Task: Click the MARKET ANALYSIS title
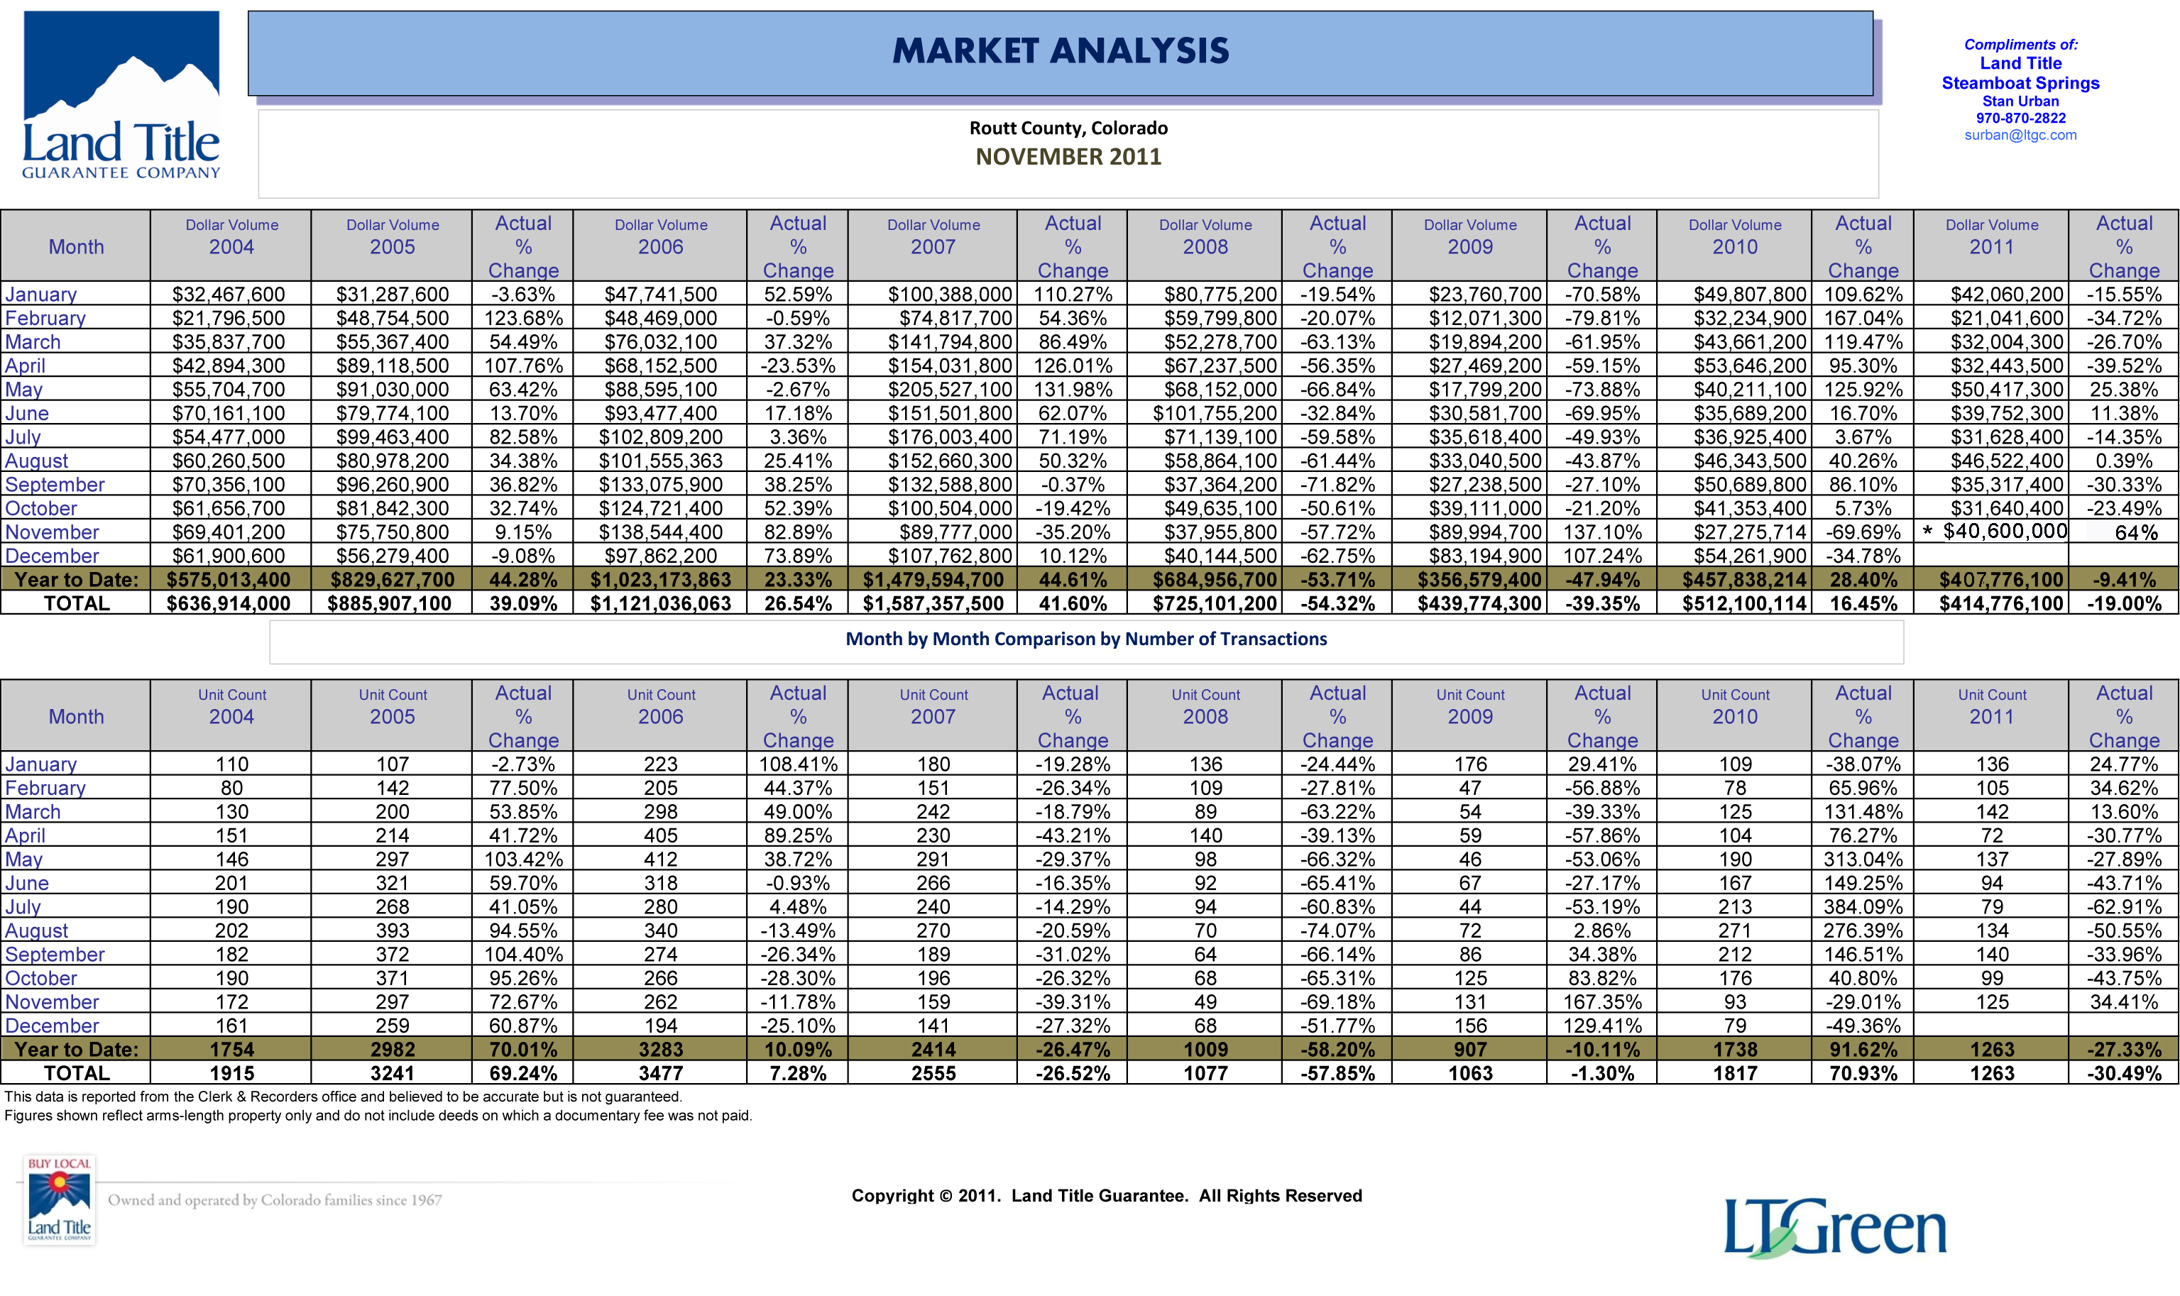pos(1061,50)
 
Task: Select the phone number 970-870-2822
pos(2020,118)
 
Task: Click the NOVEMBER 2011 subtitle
pos(1068,156)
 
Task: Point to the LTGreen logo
pos(1834,1227)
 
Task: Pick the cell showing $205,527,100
pos(949,390)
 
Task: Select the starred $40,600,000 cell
pos(1995,531)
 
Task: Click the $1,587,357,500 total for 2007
pos(933,603)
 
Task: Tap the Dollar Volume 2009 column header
pos(1470,236)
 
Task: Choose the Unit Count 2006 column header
pos(660,706)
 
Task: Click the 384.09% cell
pos(1863,906)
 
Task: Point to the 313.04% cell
pos(1863,860)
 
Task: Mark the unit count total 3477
pos(660,1073)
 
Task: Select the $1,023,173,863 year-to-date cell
pos(660,580)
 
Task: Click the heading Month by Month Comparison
pos(1085,639)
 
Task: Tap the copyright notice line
pos(1107,1195)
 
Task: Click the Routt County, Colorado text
pos(1068,128)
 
